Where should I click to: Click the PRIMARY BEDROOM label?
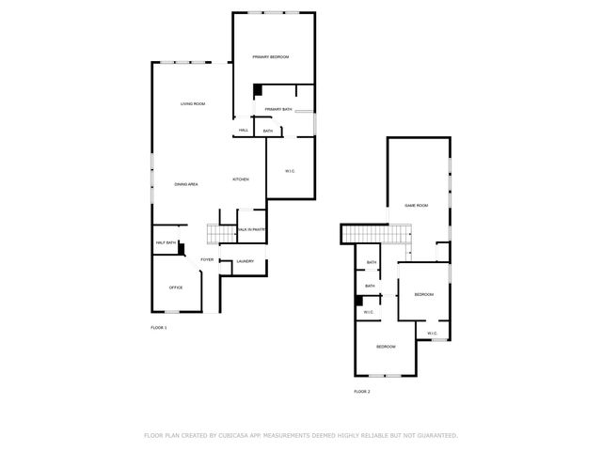pyautogui.click(x=270, y=57)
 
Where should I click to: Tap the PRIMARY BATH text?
pyautogui.click(x=278, y=110)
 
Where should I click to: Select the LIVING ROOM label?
pyautogui.click(x=193, y=103)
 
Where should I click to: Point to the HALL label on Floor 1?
pyautogui.click(x=243, y=131)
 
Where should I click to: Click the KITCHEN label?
pyautogui.click(x=241, y=179)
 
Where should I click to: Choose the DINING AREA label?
pyautogui.click(x=185, y=184)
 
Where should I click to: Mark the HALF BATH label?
pyautogui.click(x=166, y=243)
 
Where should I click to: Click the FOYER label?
pyautogui.click(x=206, y=259)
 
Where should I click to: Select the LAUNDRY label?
pyautogui.click(x=246, y=261)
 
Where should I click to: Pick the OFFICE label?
pyautogui.click(x=175, y=287)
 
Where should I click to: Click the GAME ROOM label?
pyautogui.click(x=416, y=205)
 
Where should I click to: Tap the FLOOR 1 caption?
pyautogui.click(x=159, y=327)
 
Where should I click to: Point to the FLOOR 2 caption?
pyautogui.click(x=362, y=391)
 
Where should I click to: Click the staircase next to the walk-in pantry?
pyautogui.click(x=220, y=234)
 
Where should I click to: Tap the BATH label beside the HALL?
pyautogui.click(x=268, y=131)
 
